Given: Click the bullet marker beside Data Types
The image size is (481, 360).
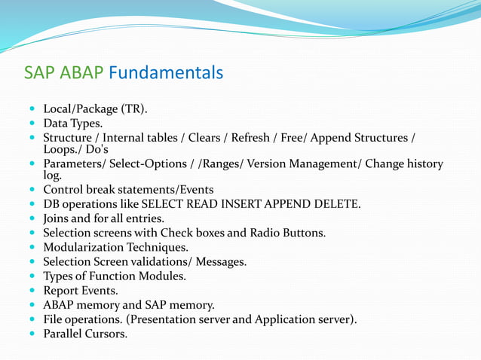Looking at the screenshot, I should pyautogui.click(x=32, y=124).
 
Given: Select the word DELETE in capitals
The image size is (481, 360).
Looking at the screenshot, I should pyautogui.click(x=336, y=204).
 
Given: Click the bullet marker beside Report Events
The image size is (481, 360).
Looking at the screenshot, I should pyautogui.click(x=32, y=291).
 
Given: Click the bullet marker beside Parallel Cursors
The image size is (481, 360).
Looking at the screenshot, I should pyautogui.click(x=32, y=334).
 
